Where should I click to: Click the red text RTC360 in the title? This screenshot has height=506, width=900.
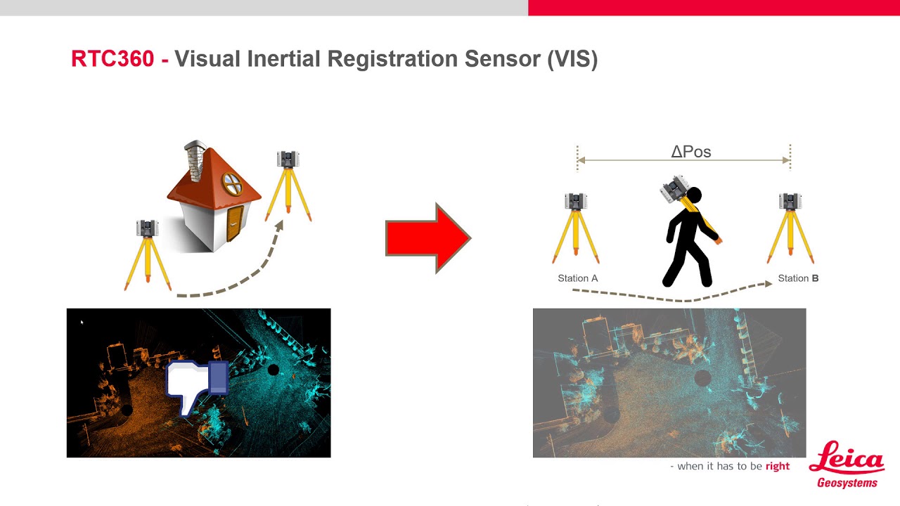pyautogui.click(x=112, y=59)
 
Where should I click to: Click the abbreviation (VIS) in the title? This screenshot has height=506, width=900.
pyautogui.click(x=572, y=59)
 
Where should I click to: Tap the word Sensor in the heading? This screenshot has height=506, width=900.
pyautogui.click(x=502, y=59)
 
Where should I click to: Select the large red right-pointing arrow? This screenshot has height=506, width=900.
pyautogui.click(x=427, y=238)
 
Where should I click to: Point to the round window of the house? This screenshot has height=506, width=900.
pyautogui.click(x=232, y=184)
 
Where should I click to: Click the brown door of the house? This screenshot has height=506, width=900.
pyautogui.click(x=234, y=222)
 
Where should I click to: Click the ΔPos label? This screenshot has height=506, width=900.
pyautogui.click(x=690, y=152)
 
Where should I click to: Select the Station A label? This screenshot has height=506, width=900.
pyautogui.click(x=577, y=278)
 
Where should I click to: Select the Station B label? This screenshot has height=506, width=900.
pyautogui.click(x=798, y=278)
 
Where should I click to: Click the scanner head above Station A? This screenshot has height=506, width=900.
pyautogui.click(x=576, y=202)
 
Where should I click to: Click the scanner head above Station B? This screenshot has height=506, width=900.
pyautogui.click(x=790, y=202)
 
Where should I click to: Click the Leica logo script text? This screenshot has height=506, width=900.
pyautogui.click(x=847, y=460)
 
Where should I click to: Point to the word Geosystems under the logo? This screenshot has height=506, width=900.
pyautogui.click(x=847, y=483)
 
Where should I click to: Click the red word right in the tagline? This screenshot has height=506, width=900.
pyautogui.click(x=778, y=466)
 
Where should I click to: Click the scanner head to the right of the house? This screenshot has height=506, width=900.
pyautogui.click(x=288, y=160)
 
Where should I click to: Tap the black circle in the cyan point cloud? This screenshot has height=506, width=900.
pyautogui.click(x=274, y=370)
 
